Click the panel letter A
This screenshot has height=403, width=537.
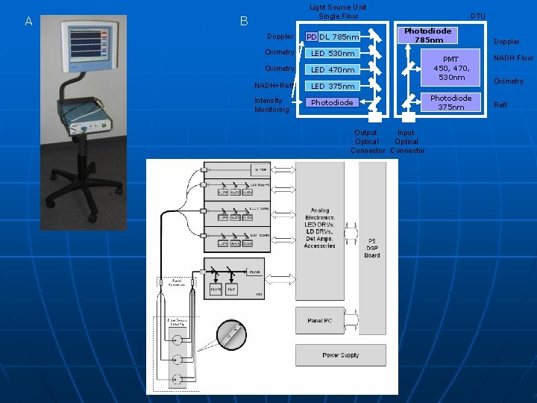point(28,22)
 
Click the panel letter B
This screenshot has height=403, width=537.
point(244,22)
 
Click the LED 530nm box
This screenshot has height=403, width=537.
point(332,53)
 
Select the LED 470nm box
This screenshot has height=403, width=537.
point(332,69)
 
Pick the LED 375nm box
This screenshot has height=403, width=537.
point(332,86)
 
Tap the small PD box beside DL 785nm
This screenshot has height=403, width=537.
point(311,37)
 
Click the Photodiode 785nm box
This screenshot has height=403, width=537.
point(427,35)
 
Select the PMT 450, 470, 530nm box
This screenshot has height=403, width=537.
point(451,68)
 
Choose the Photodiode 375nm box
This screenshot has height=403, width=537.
point(450,102)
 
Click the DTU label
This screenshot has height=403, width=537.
point(478,16)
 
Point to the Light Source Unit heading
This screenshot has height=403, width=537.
point(338,11)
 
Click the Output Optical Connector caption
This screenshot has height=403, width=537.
point(367,142)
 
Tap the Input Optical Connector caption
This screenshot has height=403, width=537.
point(406,142)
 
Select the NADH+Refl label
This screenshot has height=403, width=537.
point(274,85)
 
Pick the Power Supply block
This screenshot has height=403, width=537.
point(340,355)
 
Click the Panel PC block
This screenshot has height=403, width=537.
point(319,320)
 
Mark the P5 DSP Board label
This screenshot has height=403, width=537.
point(372,248)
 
